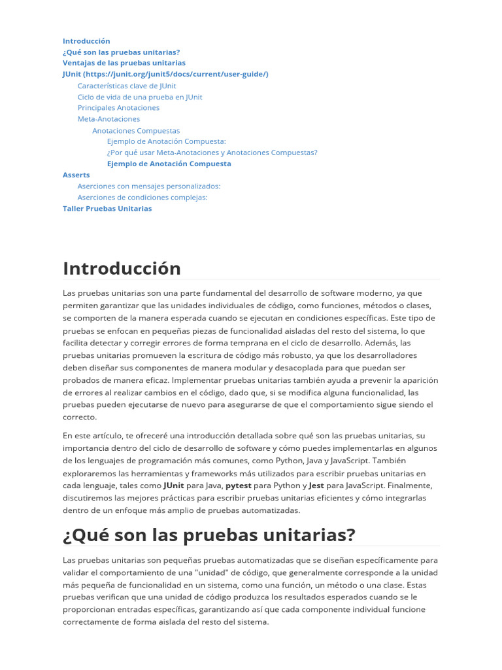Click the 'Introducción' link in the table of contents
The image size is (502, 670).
tap(86, 41)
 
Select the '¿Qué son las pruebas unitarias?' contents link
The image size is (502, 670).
tap(121, 52)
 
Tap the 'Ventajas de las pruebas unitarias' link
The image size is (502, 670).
tap(124, 63)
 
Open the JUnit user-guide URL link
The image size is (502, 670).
tap(165, 74)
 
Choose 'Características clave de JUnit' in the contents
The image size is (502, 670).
tap(127, 86)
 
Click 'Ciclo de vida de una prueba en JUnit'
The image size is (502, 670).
tap(140, 97)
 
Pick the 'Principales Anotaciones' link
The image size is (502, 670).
tap(118, 107)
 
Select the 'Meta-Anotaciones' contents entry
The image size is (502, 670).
tap(109, 119)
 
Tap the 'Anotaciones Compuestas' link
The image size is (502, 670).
tap(136, 130)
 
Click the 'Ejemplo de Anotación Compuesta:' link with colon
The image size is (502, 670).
tap(166, 141)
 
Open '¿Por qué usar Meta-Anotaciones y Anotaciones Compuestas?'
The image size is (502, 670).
tap(212, 152)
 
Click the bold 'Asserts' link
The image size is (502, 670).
tap(76, 175)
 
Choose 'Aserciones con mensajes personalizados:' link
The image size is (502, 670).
tap(149, 186)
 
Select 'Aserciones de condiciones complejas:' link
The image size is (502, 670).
tap(142, 197)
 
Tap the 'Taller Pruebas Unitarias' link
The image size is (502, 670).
tap(107, 208)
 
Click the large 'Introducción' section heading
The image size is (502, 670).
tap(122, 268)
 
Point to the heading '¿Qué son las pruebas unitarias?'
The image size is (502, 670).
tap(209, 535)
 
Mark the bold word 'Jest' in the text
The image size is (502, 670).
tap(316, 485)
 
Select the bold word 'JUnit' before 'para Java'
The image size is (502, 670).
tap(173, 485)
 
